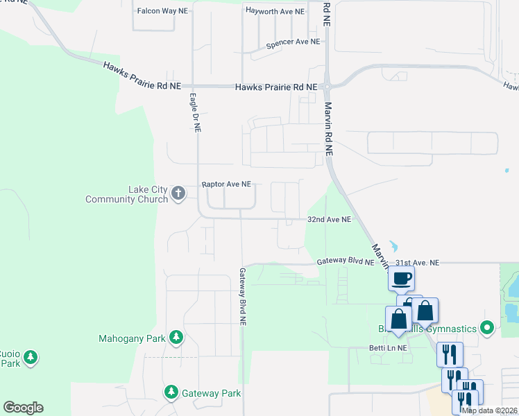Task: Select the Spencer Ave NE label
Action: click(x=293, y=42)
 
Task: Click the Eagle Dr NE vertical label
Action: click(x=195, y=113)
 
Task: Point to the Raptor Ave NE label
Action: click(x=226, y=185)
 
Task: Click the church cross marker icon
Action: click(x=178, y=193)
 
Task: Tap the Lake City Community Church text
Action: click(x=127, y=194)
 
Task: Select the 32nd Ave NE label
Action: click(x=330, y=219)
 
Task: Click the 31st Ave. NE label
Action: click(x=418, y=263)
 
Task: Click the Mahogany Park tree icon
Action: click(x=176, y=338)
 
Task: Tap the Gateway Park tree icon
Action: click(x=171, y=392)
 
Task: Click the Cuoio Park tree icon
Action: click(x=30, y=358)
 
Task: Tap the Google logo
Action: click(x=23, y=408)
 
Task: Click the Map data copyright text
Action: click(x=490, y=410)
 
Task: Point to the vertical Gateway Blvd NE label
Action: click(x=243, y=297)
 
